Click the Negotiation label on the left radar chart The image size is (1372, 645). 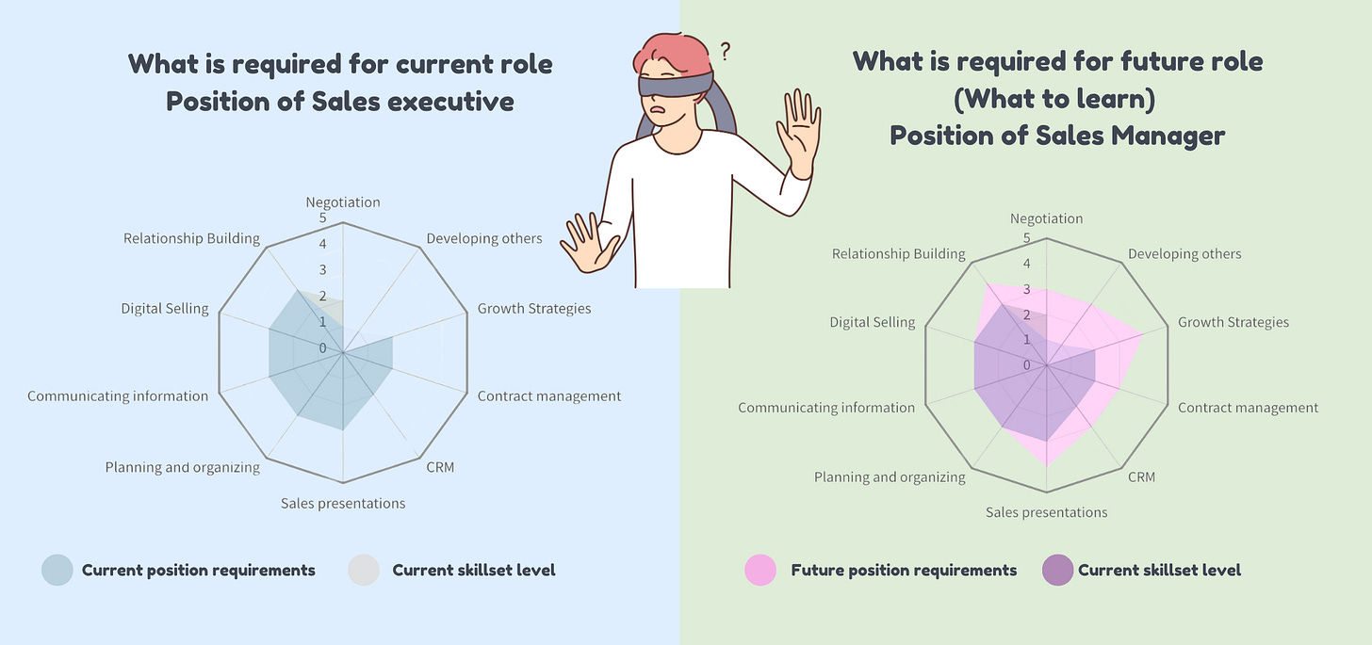coord(343,202)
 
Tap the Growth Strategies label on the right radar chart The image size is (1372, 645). coord(1233,322)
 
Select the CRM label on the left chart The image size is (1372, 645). coord(439,467)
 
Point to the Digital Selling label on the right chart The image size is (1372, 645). coord(872,322)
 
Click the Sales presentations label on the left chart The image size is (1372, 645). coord(343,503)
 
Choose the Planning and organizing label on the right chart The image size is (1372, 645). coord(890,476)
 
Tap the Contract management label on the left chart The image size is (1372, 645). coord(548,395)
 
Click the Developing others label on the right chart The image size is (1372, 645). coord(1184,253)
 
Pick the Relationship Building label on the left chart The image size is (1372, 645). coord(190,238)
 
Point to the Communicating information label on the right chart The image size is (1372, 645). coord(825,408)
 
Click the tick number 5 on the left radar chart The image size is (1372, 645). coord(322,218)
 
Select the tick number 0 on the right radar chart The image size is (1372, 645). coord(1026,364)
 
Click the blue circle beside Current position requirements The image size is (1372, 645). coord(57,570)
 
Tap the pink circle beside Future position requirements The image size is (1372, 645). coord(760,570)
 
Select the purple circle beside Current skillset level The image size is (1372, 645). coord(1057,570)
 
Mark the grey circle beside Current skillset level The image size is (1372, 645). coord(364,570)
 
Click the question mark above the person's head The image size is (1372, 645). coord(725,49)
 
